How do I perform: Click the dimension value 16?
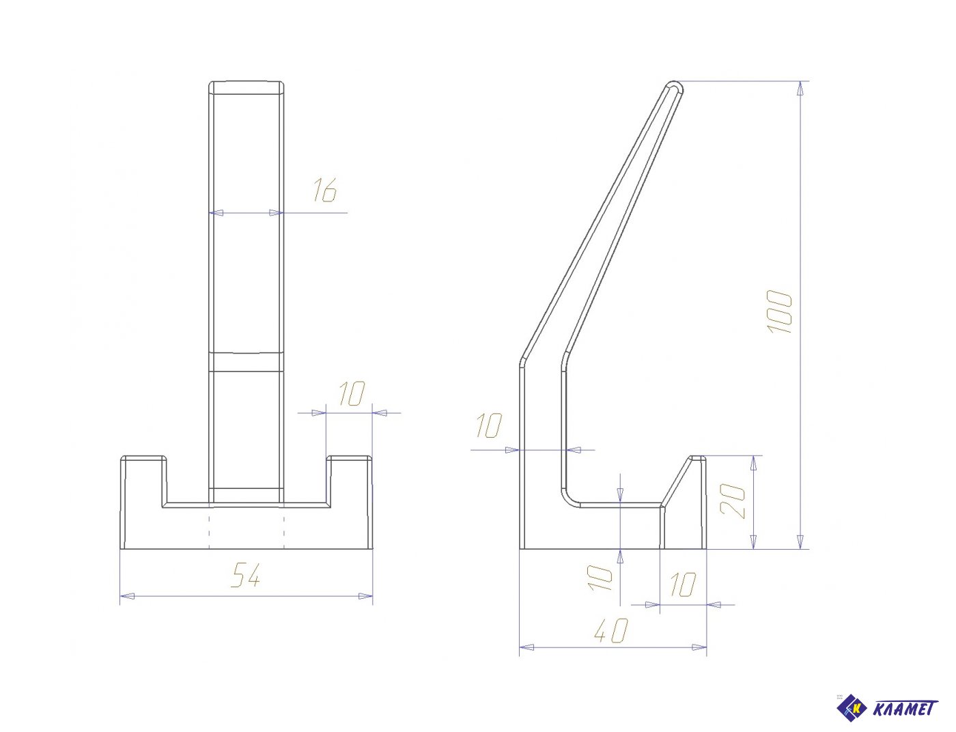point(324,190)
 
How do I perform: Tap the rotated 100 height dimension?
point(779,311)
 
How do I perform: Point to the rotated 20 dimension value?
point(733,501)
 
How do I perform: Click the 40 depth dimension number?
point(611,630)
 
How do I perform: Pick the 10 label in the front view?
point(352,393)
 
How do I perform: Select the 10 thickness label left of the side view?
point(489,425)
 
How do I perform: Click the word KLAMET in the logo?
point(905,709)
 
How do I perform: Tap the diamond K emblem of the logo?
point(852,708)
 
